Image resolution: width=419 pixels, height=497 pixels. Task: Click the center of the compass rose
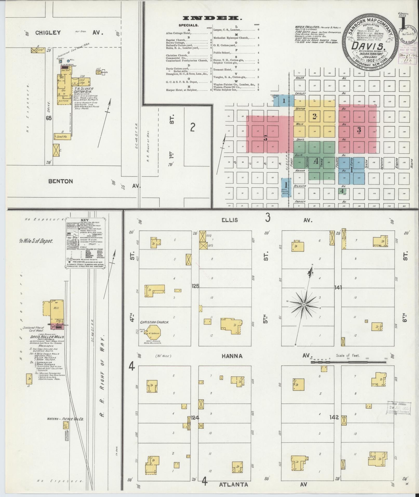pyautogui.click(x=304, y=304)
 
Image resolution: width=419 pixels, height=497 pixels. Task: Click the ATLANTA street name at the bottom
pyautogui.click(x=234, y=485)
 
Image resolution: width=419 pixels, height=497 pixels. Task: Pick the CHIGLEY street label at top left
pyautogui.click(x=48, y=33)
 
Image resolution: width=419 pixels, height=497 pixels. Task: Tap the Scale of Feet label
pyautogui.click(x=348, y=355)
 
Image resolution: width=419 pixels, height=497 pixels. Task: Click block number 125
pyautogui.click(x=195, y=286)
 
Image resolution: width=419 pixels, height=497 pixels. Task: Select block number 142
pyautogui.click(x=334, y=418)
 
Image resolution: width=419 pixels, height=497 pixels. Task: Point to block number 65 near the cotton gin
pyautogui.click(x=49, y=118)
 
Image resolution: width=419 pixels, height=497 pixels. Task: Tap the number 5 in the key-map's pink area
pyautogui.click(x=265, y=138)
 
